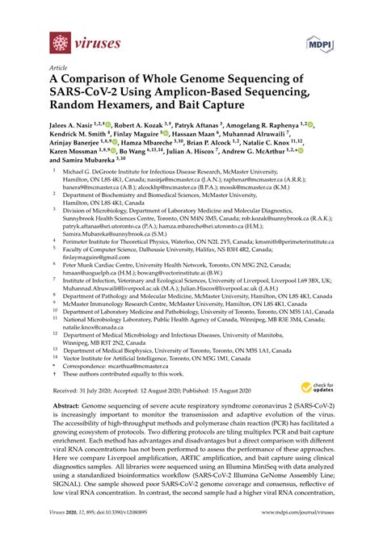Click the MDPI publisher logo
point(318,42)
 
